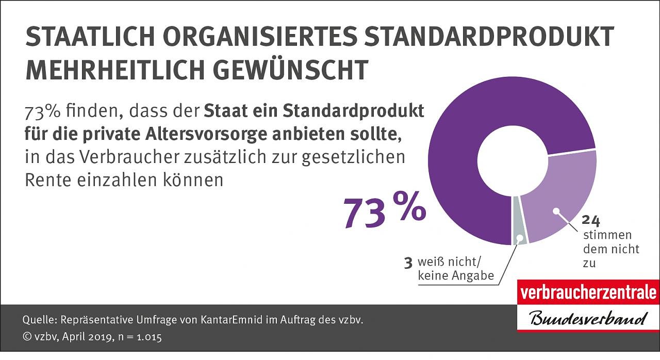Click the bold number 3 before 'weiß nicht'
[408, 263]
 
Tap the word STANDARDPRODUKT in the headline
[491, 37]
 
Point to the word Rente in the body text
[46, 180]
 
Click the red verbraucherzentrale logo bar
[588, 293]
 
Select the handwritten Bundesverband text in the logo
[588, 318]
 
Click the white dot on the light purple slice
[556, 210]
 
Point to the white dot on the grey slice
[520, 238]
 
